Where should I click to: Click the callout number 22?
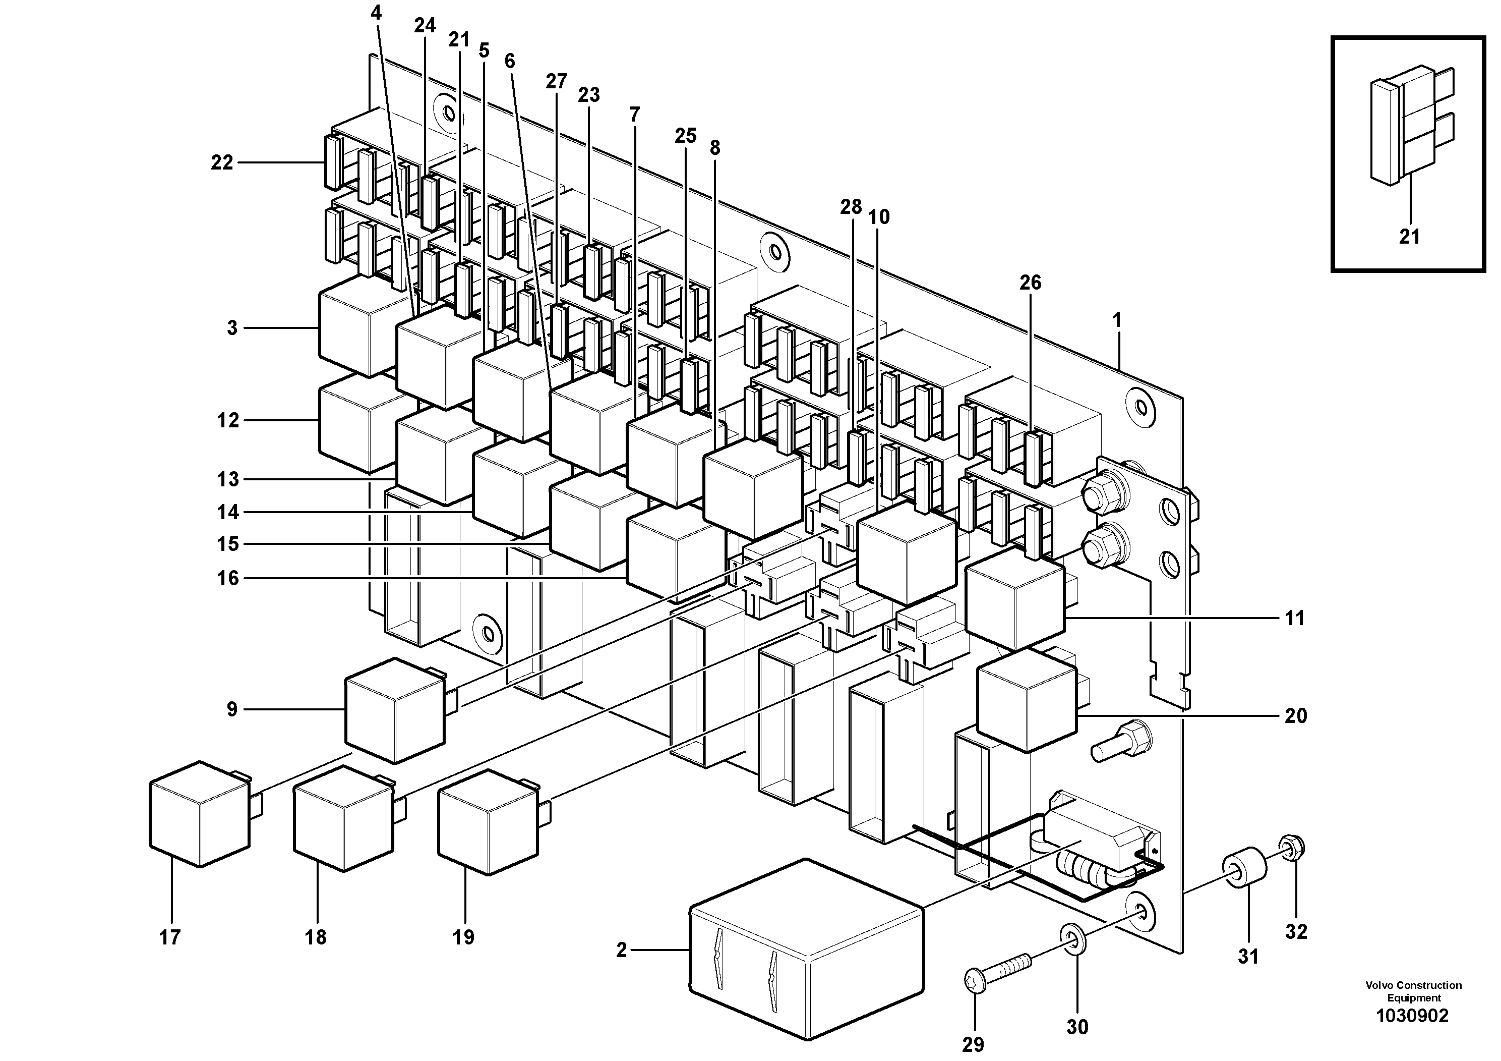point(222,162)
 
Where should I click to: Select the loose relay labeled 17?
point(199,815)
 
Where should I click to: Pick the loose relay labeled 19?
point(488,822)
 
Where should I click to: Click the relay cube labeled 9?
point(394,711)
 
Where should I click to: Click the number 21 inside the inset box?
point(1409,237)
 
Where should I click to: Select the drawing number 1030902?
point(1412,1016)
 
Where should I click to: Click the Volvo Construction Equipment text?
point(1413,991)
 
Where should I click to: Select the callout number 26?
point(1030,283)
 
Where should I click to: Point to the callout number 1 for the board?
point(1117,320)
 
